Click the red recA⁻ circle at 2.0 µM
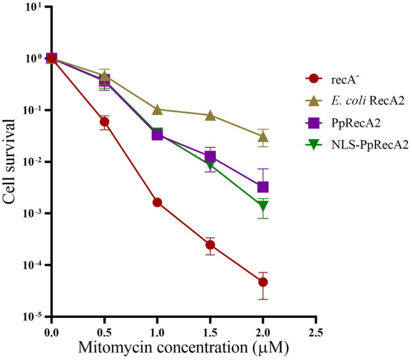click(263, 282)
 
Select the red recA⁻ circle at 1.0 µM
click(157, 202)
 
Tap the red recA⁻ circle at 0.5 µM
click(104, 121)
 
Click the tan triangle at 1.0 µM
click(157, 109)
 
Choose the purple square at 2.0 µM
click(263, 187)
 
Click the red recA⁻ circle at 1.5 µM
click(210, 245)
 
